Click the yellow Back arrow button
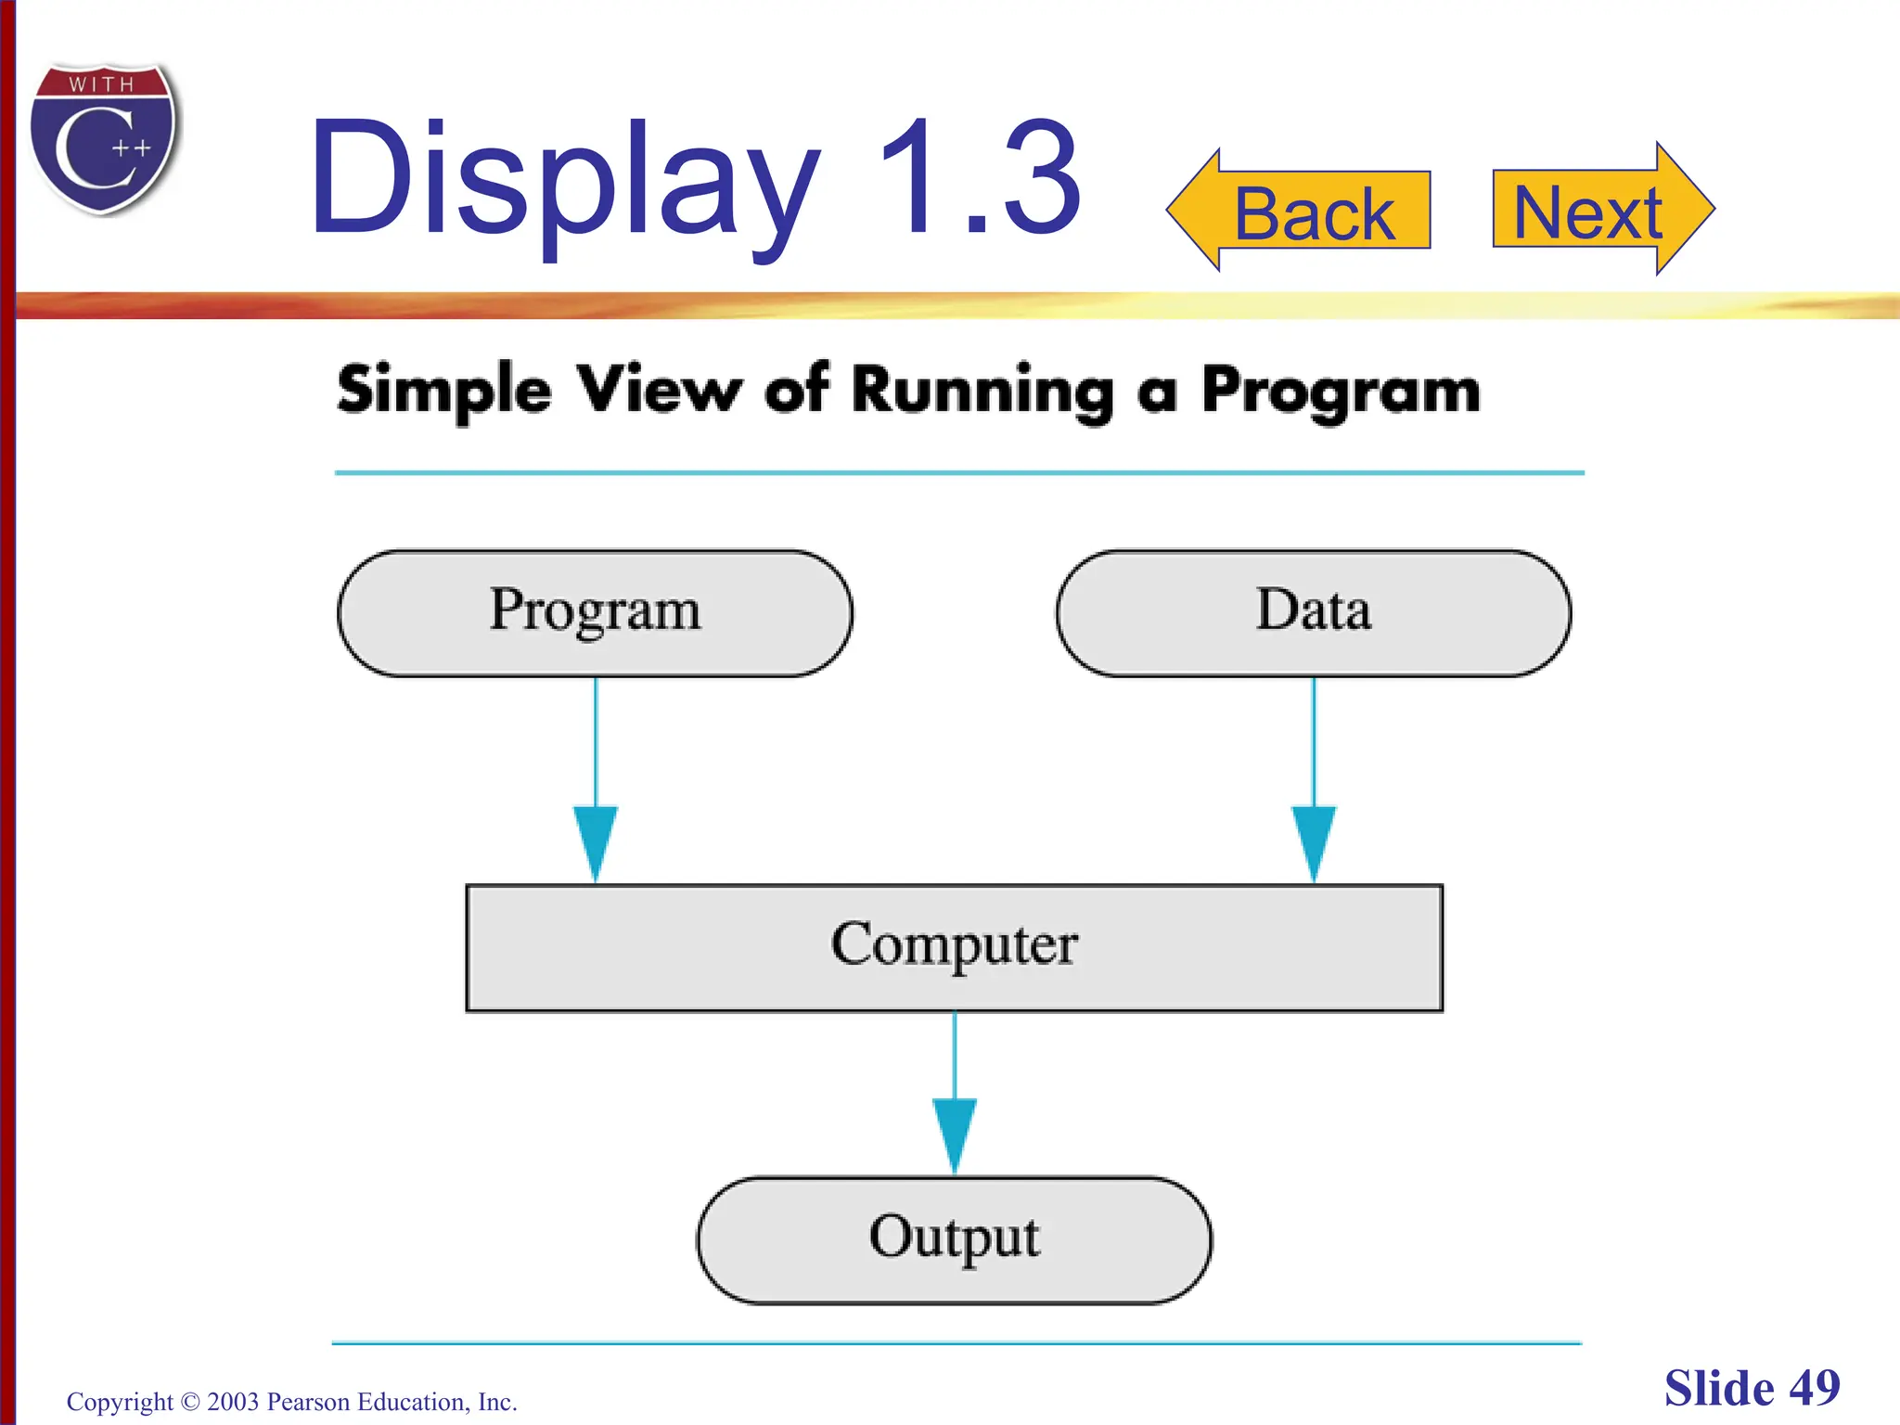click(x=1299, y=212)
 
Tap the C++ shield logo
click(x=104, y=140)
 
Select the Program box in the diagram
click(x=595, y=612)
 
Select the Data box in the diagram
click(x=1313, y=612)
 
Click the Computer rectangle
click(x=954, y=946)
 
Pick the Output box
click(x=954, y=1239)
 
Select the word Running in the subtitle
click(x=982, y=392)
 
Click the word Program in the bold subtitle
click(x=1341, y=392)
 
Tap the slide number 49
click(x=1814, y=1389)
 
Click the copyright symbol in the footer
click(x=190, y=1402)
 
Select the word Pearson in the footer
click(x=308, y=1402)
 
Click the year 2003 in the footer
click(x=233, y=1402)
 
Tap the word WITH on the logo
click(x=102, y=84)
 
